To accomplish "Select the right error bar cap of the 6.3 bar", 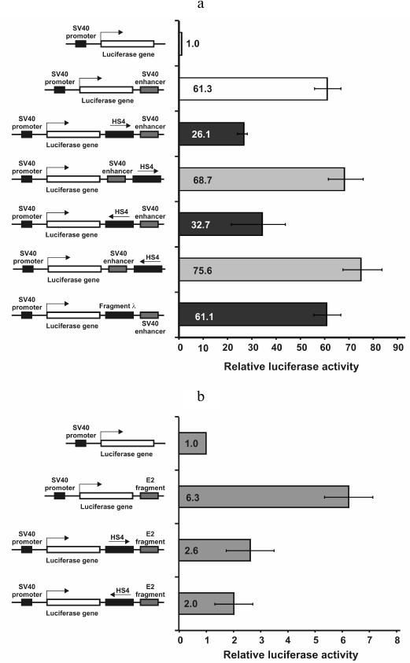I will pyautogui.click(x=373, y=497).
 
